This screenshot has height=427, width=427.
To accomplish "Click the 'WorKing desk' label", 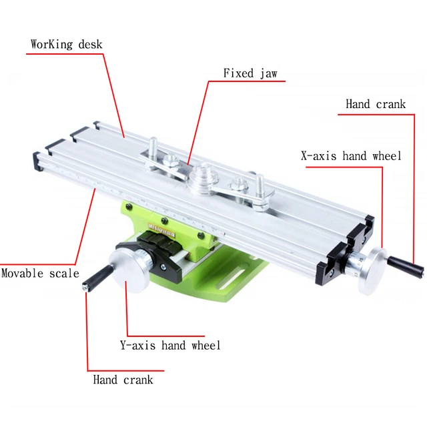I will pyautogui.click(x=66, y=45).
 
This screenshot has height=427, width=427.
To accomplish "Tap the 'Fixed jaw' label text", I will pyautogui.click(x=250, y=73).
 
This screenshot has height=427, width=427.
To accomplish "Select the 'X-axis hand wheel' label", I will pyautogui.click(x=350, y=156).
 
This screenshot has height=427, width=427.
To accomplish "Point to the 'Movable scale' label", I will pyautogui.click(x=40, y=274).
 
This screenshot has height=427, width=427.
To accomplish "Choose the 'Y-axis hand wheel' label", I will pyautogui.click(x=169, y=345).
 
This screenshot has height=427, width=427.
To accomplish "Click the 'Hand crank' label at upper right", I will pyautogui.click(x=375, y=104).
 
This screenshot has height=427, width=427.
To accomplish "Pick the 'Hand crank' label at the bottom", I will pyautogui.click(x=123, y=380).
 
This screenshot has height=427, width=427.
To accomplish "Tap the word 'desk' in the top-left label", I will pyautogui.click(x=89, y=45).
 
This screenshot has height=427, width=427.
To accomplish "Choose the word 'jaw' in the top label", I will pyautogui.click(x=268, y=73).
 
